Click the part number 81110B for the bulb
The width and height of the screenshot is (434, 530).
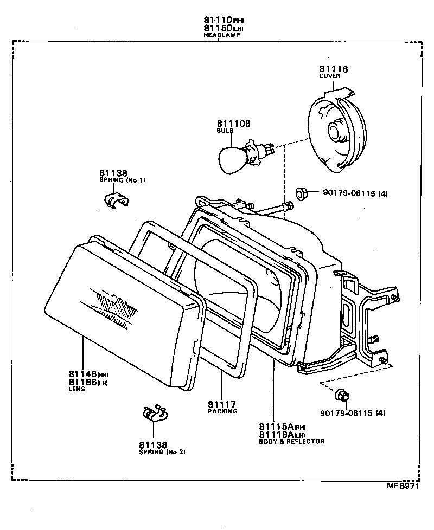click(x=234, y=124)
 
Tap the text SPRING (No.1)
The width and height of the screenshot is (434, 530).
click(x=123, y=180)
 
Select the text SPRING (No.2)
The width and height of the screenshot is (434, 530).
click(x=162, y=452)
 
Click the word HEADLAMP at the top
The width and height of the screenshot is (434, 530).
click(x=221, y=35)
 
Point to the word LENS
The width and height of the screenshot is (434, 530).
click(x=76, y=389)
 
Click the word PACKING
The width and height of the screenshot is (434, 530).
click(x=222, y=411)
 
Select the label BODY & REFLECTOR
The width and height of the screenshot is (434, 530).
click(x=291, y=441)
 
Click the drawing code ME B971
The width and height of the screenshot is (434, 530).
click(x=403, y=487)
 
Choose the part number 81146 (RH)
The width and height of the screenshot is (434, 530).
click(x=88, y=374)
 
